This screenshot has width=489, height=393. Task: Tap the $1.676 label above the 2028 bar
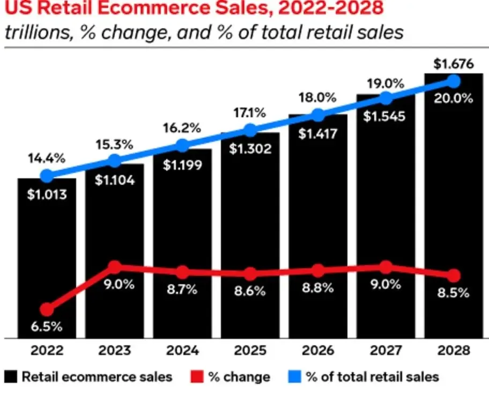pos(454,64)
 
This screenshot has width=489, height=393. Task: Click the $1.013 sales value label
pos(47,194)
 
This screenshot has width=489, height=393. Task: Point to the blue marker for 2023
pos(114,161)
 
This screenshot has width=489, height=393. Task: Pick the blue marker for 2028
pos(454,81)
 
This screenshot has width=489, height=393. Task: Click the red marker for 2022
pos(47,309)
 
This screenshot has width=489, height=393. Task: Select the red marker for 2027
pos(386,267)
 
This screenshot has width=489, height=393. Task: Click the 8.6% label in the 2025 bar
pos(250,291)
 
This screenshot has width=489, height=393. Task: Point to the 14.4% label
pos(47,158)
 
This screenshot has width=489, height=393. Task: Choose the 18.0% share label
pos(318,98)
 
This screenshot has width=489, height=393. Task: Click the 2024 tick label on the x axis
pos(182,351)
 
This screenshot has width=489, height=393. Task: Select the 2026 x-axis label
pos(318,351)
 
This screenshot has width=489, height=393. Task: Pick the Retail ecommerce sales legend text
pos(97,376)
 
